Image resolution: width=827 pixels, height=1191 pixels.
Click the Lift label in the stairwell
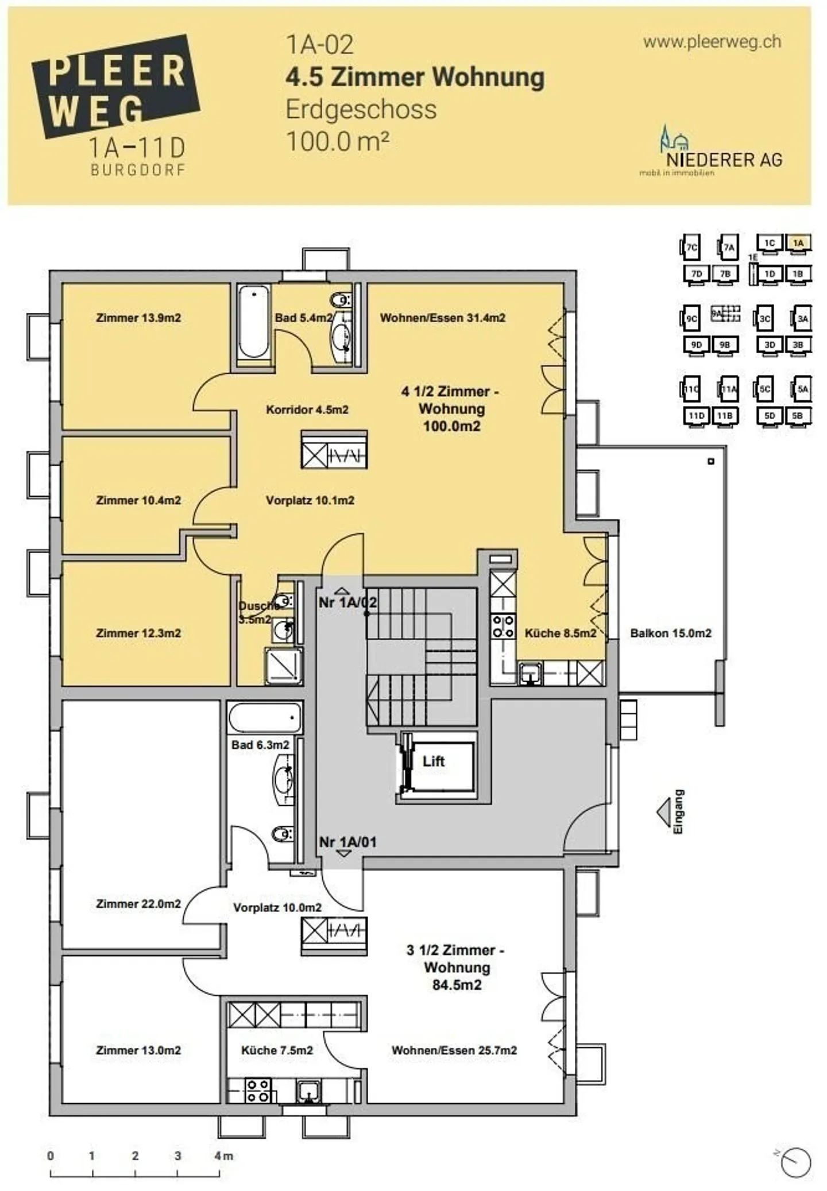click(433, 761)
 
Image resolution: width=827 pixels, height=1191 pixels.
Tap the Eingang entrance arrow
click(664, 813)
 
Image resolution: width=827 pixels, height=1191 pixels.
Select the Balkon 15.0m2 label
click(670, 633)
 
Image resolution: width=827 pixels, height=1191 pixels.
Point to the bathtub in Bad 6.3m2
click(265, 718)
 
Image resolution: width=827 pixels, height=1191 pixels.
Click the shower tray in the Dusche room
click(283, 666)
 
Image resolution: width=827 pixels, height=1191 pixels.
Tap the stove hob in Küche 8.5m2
click(503, 627)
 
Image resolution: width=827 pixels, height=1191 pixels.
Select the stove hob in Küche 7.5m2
click(258, 1090)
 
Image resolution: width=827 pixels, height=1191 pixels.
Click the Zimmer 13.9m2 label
click(138, 318)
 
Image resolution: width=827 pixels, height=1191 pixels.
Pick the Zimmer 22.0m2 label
click(138, 904)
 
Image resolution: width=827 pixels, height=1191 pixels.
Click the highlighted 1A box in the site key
click(798, 243)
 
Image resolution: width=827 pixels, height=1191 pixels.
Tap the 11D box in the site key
click(696, 415)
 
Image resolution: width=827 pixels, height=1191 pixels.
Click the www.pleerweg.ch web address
click(712, 42)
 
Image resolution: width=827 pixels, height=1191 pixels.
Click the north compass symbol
click(796, 1162)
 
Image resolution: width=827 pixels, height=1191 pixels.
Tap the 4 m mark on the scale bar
click(223, 1156)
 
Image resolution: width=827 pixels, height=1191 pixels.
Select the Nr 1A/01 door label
click(347, 842)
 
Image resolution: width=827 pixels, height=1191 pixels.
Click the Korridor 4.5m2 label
click(307, 410)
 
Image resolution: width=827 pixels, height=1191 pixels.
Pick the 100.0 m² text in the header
click(338, 141)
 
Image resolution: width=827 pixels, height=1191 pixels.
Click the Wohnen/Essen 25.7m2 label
click(454, 1050)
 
